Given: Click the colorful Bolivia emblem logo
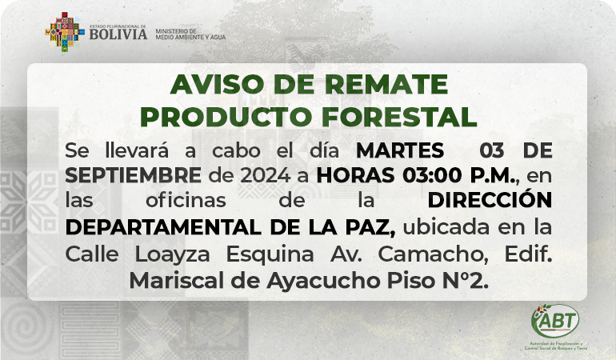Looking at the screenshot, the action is click(65, 32).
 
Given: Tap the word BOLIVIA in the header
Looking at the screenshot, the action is click(118, 34).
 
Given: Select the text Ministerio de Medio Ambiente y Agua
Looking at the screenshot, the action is click(190, 34).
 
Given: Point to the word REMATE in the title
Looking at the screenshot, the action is click(386, 84).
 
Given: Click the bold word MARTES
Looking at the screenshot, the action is click(400, 150).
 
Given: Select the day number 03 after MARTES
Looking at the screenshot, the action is click(491, 150).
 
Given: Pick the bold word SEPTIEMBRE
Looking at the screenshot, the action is click(133, 175).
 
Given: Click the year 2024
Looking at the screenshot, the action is click(265, 175).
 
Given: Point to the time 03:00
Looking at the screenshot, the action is click(432, 175).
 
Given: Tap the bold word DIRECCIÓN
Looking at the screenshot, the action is click(490, 200).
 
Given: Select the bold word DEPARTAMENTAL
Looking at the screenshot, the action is click(163, 227).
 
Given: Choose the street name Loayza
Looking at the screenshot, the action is click(173, 254).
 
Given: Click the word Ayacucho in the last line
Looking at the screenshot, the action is click(323, 281).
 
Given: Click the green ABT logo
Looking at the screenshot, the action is click(555, 322).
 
